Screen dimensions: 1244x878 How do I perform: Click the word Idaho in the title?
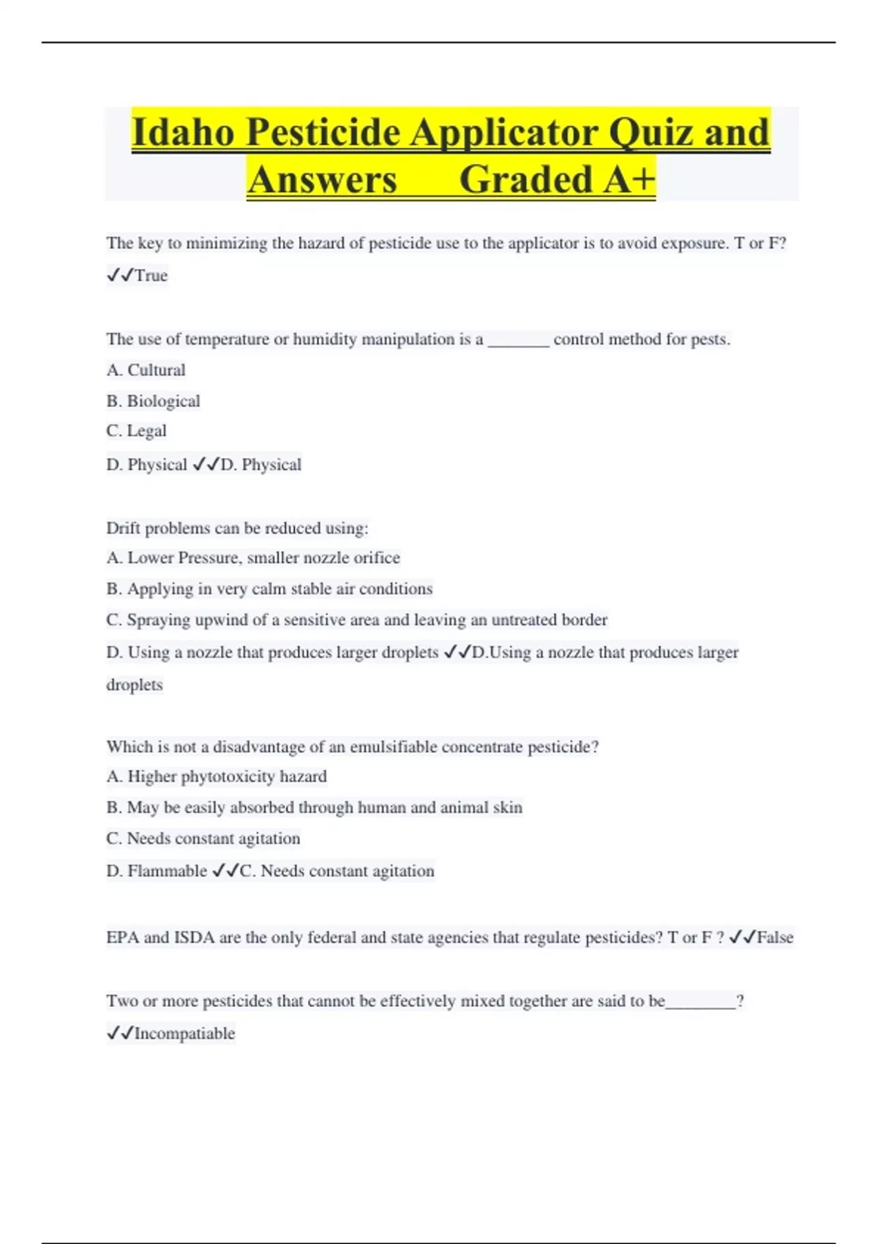pos(184,132)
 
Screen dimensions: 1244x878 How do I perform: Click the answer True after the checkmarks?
pos(151,276)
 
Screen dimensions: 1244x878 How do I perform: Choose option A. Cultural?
pos(146,370)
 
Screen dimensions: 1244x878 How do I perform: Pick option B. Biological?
pos(153,401)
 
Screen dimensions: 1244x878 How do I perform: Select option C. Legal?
pos(136,431)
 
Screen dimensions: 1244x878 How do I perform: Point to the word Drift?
pos(123,528)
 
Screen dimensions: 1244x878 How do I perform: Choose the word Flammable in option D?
pos(168,871)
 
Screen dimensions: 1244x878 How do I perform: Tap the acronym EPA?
pos(123,937)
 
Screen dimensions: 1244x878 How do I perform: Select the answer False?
pos(775,937)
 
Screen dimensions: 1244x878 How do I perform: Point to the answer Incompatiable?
pos(185,1034)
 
